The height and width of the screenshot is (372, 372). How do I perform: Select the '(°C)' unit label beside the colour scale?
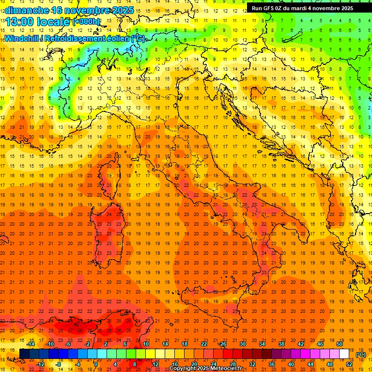[x=361, y=355]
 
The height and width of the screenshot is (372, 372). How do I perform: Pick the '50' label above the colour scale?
[x=340, y=344]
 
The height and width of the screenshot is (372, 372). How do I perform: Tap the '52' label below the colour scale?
[x=349, y=365]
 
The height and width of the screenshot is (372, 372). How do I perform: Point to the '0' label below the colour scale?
[x=96, y=365]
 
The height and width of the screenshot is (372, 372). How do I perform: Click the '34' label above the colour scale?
[x=262, y=344]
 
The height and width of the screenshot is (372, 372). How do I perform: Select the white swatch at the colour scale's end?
[x=344, y=354]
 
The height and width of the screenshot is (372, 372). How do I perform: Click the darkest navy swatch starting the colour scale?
[x=24, y=354]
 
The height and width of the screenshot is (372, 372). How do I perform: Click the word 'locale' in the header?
[x=53, y=22]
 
